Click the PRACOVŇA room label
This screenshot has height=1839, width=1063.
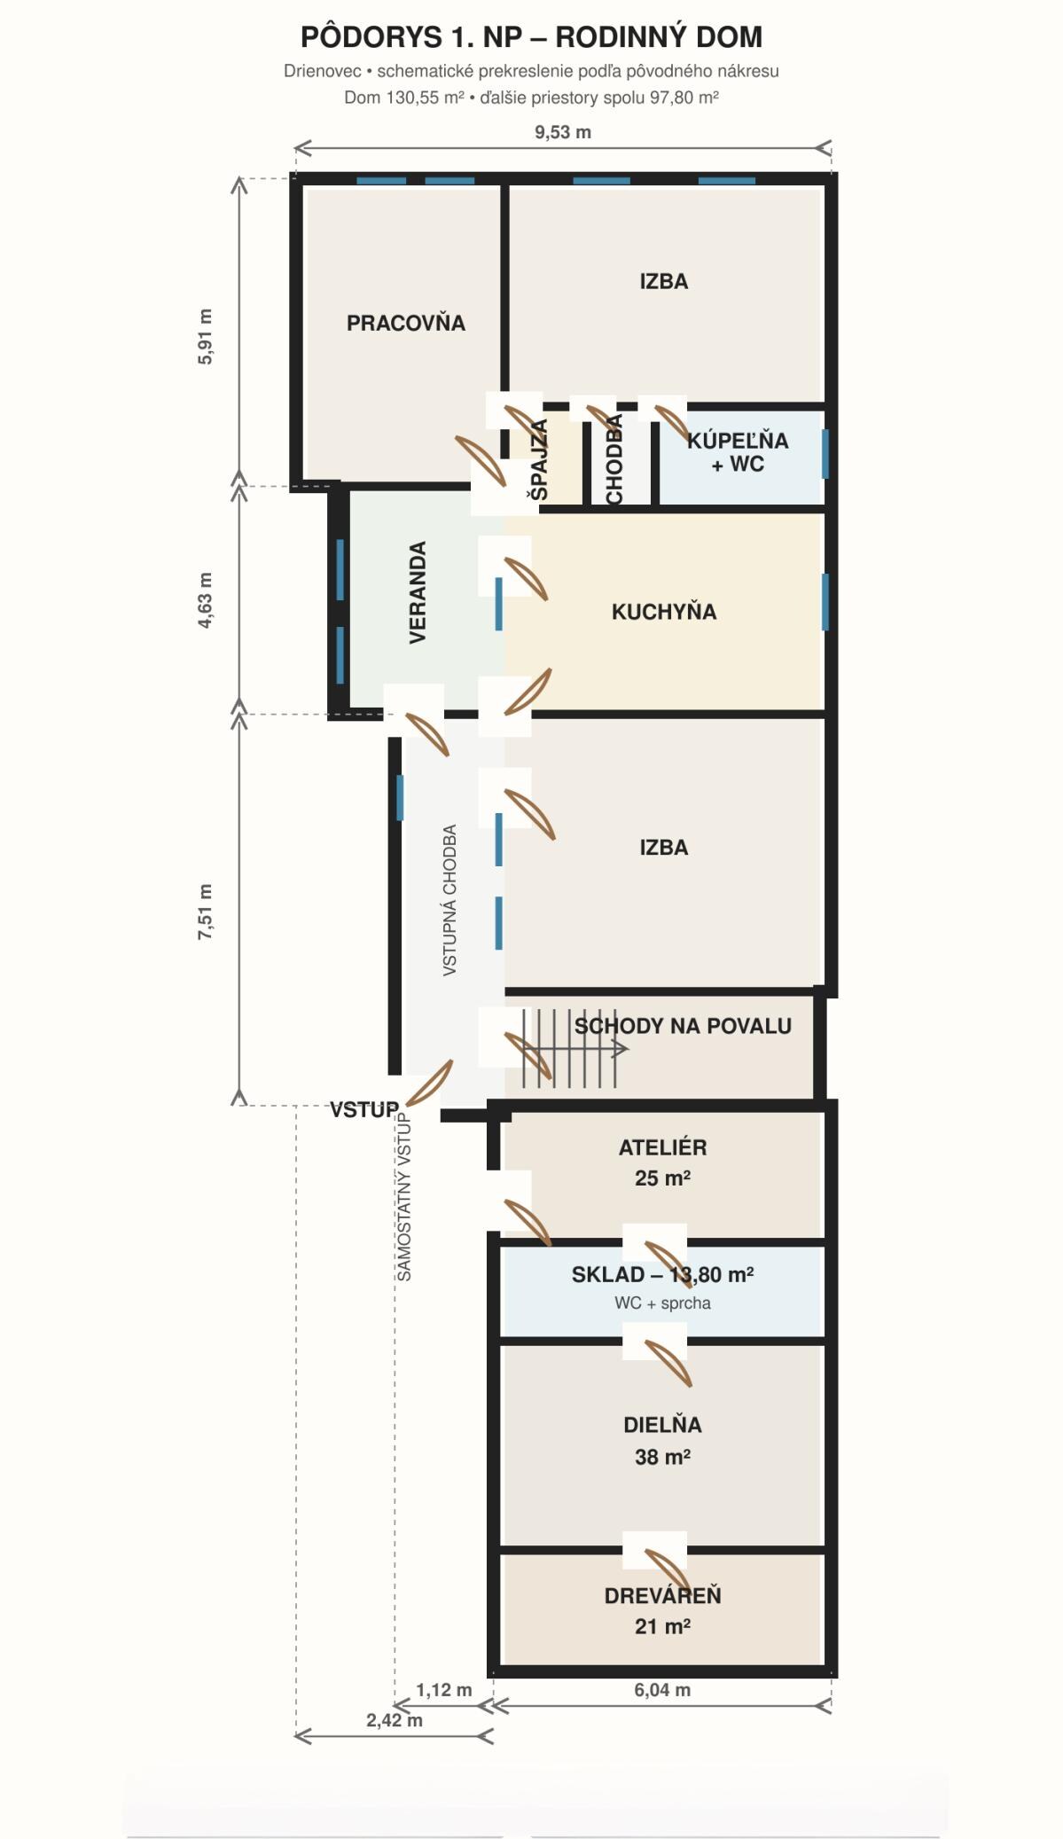(x=406, y=323)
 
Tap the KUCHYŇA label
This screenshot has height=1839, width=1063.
(x=664, y=611)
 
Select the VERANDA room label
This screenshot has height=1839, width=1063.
(x=418, y=592)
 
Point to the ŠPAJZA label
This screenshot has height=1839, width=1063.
(x=539, y=459)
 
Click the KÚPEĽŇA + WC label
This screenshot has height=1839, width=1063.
(x=738, y=452)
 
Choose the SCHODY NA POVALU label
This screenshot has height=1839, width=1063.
(x=683, y=1026)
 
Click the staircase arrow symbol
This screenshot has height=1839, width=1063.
(x=575, y=1049)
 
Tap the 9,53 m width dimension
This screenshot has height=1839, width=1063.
(x=563, y=132)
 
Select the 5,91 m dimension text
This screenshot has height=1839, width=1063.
(x=205, y=336)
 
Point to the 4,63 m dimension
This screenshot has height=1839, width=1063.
(x=205, y=600)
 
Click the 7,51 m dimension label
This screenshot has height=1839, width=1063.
(x=205, y=912)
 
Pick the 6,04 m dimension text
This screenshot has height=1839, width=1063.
(x=662, y=1690)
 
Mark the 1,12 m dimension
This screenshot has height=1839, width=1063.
(x=444, y=1690)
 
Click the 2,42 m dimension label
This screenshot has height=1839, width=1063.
(x=395, y=1720)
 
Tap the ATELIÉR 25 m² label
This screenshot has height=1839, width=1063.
(x=663, y=1162)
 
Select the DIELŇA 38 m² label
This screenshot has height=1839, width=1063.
(x=663, y=1441)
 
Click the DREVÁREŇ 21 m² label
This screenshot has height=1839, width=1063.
(x=663, y=1610)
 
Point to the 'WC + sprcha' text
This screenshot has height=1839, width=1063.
(x=662, y=1303)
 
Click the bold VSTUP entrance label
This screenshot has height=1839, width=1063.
(x=364, y=1109)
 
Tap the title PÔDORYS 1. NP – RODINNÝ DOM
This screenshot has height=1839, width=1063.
(x=531, y=37)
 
